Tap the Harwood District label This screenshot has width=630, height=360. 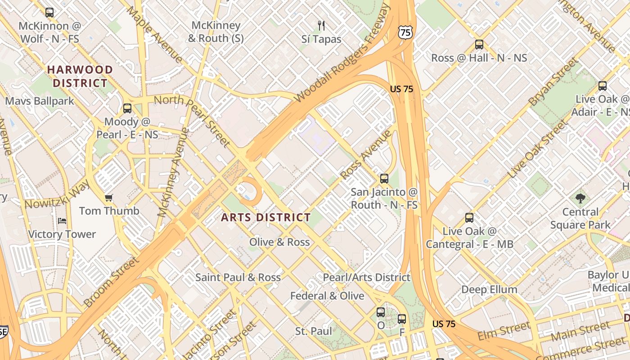80,76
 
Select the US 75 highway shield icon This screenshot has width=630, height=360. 405,32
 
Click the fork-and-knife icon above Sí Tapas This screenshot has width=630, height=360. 321,25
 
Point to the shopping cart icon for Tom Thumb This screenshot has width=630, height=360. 108,198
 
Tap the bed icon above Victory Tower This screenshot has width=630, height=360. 62,221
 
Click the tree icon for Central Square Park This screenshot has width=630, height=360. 580,198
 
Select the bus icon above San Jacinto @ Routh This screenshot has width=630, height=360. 384,179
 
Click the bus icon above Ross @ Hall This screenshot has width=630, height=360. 479,45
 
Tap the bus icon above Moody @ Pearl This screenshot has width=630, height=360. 127,108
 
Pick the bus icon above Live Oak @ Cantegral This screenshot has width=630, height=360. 469,218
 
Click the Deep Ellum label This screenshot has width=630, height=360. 489,289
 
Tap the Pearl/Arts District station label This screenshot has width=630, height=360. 366,277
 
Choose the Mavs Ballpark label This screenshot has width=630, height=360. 40,101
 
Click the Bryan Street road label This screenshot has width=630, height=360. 553,83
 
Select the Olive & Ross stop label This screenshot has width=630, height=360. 279,242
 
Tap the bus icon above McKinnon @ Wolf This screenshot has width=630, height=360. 49,13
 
